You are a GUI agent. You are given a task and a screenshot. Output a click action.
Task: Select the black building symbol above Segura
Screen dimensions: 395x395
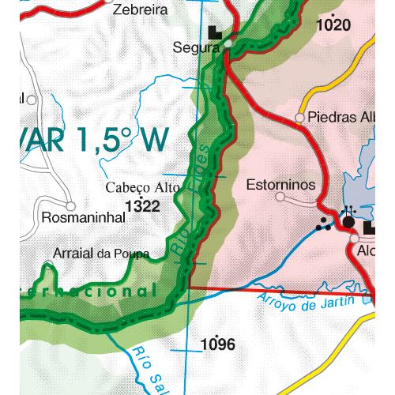click(216, 32)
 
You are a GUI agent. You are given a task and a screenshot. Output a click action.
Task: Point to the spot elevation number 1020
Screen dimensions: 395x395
click(332, 25)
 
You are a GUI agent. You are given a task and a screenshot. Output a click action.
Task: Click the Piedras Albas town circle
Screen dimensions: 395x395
click(300, 118)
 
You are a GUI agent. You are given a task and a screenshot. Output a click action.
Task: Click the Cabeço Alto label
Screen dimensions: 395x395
click(143, 188)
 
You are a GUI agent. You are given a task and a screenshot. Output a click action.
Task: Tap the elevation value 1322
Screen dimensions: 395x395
click(142, 206)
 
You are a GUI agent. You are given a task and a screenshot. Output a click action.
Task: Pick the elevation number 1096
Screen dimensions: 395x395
click(218, 344)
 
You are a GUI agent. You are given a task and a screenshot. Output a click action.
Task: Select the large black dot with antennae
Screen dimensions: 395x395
click(348, 222)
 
